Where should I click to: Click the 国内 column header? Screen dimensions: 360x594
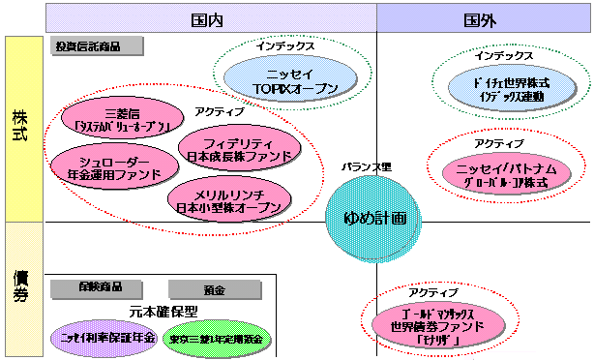[x=211, y=18]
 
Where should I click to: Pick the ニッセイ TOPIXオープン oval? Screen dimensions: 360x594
[x=282, y=81]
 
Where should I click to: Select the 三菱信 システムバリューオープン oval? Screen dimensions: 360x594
[x=115, y=119]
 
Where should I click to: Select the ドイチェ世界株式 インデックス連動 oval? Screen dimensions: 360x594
[x=502, y=90]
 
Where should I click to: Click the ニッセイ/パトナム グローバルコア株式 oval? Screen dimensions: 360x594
[x=501, y=175]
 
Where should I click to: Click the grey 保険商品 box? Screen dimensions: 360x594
[x=92, y=288]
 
